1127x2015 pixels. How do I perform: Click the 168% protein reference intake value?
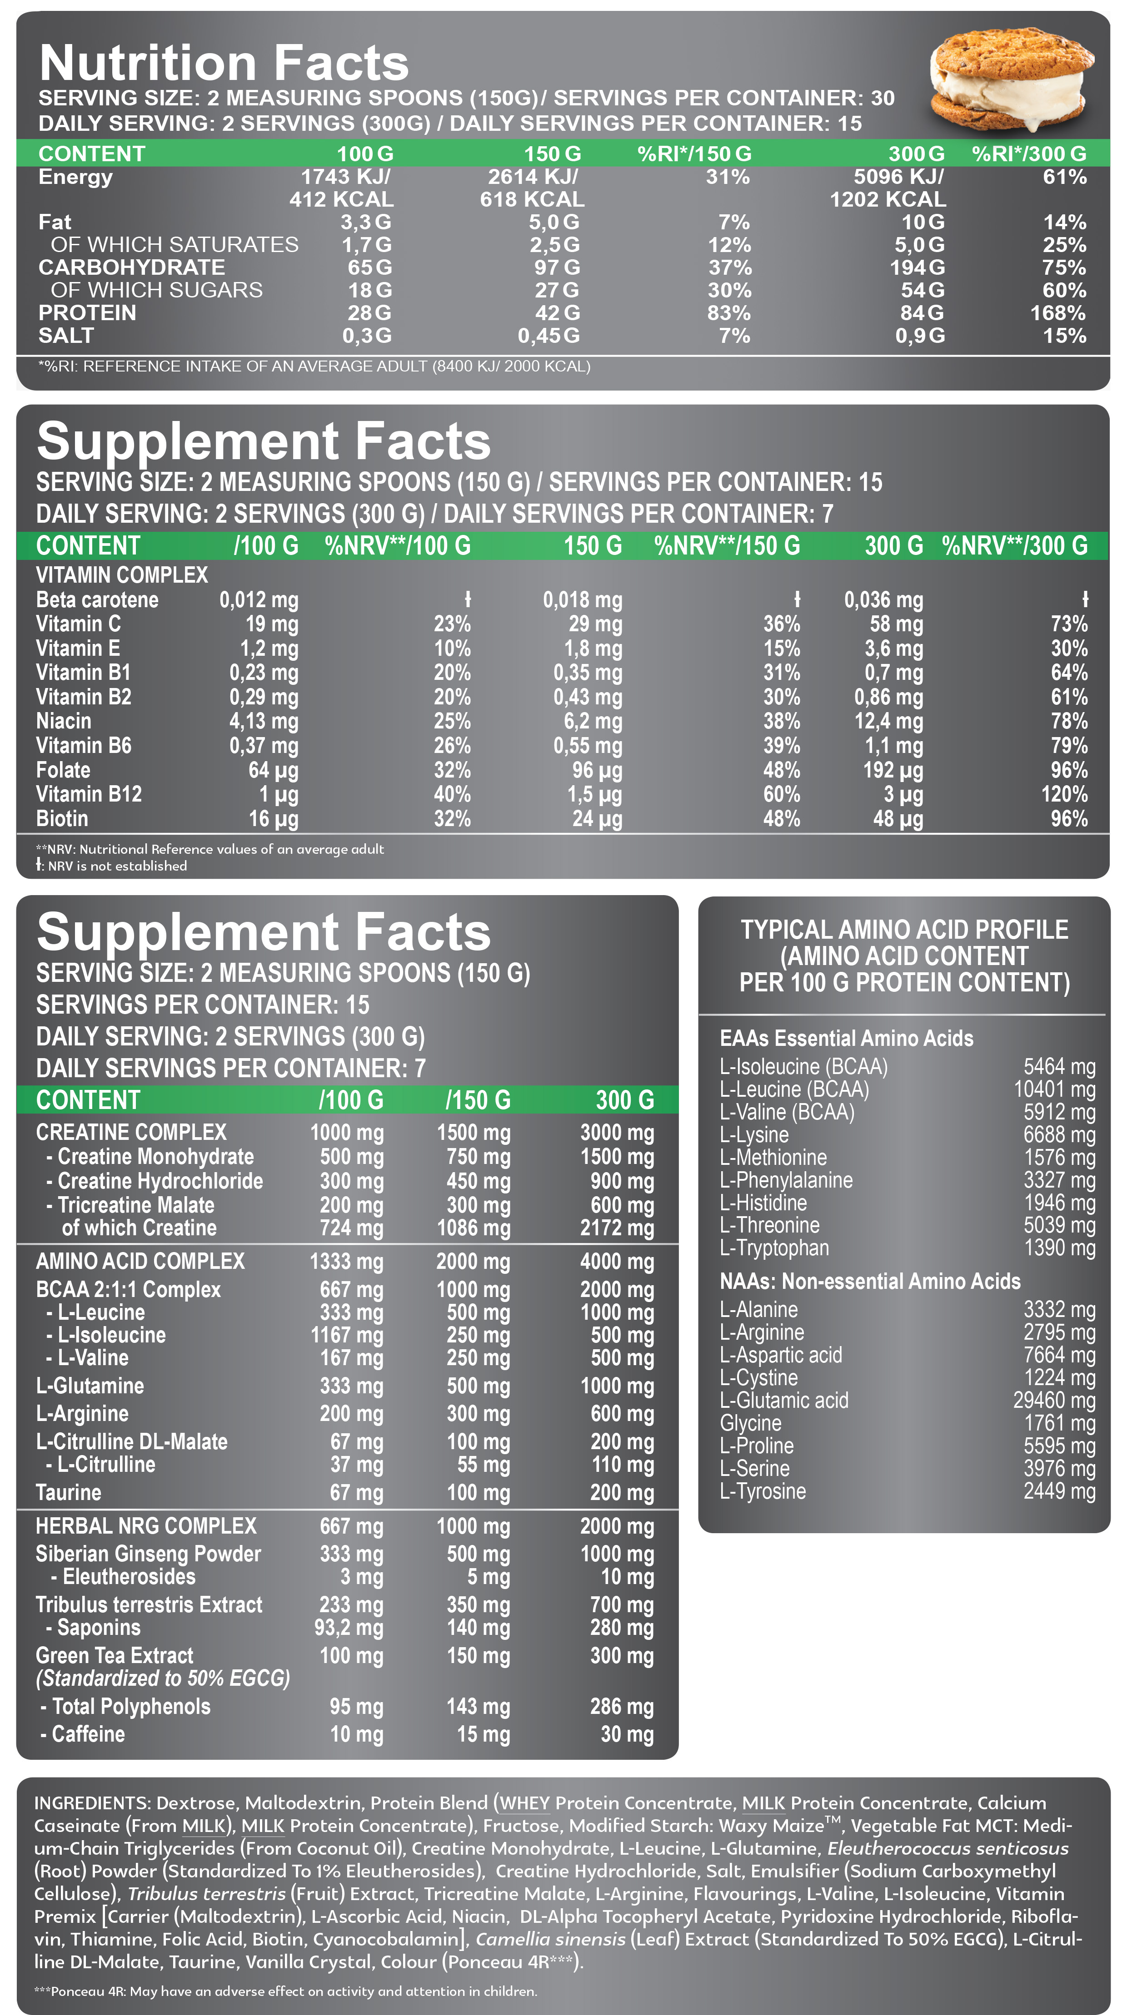click(1057, 313)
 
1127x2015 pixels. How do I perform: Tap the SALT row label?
click(66, 336)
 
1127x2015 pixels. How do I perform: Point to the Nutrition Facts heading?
click(224, 63)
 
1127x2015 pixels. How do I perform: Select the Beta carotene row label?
click(97, 600)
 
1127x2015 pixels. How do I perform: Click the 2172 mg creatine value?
click(617, 1228)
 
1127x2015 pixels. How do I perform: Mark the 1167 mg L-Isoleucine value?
click(347, 1335)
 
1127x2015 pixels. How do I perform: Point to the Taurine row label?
click(69, 1492)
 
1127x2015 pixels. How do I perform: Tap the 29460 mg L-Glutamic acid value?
click(1053, 1400)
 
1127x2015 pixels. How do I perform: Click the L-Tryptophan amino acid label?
click(774, 1248)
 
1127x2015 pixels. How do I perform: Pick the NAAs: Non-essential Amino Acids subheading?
click(869, 1281)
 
